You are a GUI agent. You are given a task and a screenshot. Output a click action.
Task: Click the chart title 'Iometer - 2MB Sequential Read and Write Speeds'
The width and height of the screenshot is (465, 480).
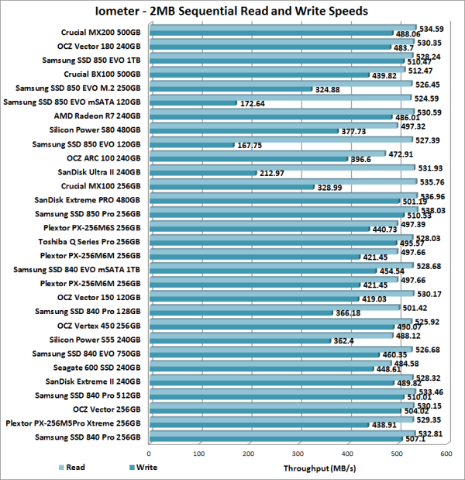[232, 12]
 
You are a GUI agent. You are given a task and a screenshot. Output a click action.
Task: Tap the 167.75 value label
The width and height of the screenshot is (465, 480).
[253, 145]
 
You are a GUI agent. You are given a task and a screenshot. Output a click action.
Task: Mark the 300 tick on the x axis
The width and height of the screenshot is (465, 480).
[298, 454]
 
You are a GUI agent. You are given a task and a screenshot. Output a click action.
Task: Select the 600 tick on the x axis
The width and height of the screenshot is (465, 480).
[447, 454]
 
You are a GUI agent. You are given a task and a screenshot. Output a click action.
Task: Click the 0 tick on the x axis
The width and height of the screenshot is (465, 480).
[149, 454]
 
